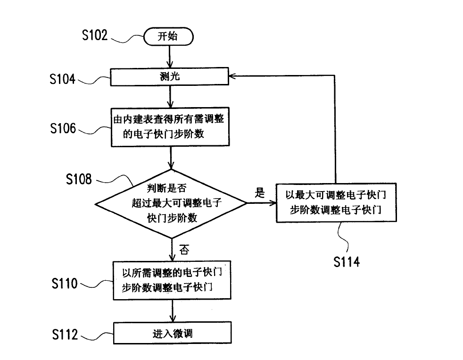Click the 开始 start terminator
[168, 37]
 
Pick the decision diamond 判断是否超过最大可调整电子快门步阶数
[171, 204]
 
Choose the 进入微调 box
[172, 333]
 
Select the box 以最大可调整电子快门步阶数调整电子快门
[336, 201]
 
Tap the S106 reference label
[63, 127]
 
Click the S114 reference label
[347, 262]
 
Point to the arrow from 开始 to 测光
[169, 58]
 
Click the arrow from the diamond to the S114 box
[262, 203]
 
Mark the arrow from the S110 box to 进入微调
[171, 311]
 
